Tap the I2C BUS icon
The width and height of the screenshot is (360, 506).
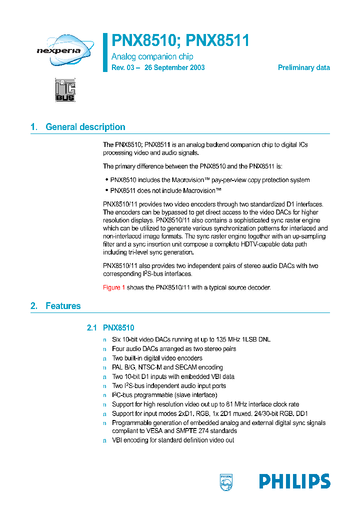click(x=65, y=90)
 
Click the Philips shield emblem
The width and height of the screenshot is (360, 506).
click(x=226, y=482)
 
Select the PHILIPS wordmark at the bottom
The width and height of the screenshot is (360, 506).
click(x=294, y=481)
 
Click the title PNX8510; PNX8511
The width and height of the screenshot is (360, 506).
click(x=180, y=40)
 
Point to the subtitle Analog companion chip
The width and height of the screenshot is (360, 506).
click(x=152, y=56)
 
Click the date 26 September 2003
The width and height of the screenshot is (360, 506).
click(x=174, y=67)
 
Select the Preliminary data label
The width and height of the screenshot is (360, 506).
click(x=303, y=67)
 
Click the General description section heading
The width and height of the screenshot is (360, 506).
click(x=85, y=127)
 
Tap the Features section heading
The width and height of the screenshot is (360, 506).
click(x=62, y=306)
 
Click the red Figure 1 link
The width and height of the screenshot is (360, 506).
click(x=114, y=287)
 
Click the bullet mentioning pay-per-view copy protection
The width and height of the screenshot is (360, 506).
click(x=209, y=180)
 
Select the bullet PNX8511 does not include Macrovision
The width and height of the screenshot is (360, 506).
click(x=165, y=190)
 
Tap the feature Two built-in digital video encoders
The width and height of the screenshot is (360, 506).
click(x=157, y=358)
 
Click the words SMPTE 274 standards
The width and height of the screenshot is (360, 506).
click(x=207, y=430)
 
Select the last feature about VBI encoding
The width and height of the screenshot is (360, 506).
click(x=173, y=440)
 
